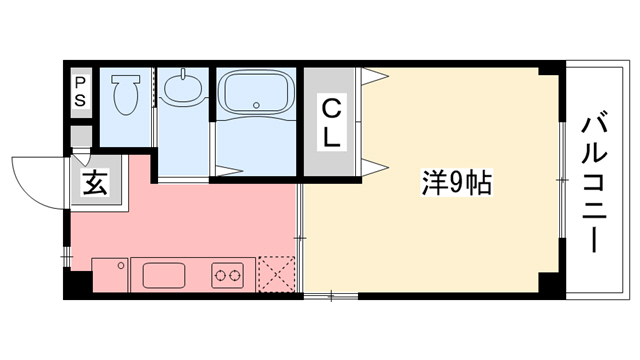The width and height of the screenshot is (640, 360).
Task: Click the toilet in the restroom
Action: coord(126,98)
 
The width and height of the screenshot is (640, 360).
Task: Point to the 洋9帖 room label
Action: coord(455,184)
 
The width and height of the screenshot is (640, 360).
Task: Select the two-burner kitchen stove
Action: coord(227,274)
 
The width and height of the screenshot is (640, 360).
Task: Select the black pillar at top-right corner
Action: coord(546,73)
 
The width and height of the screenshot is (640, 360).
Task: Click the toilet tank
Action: coord(126,76)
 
